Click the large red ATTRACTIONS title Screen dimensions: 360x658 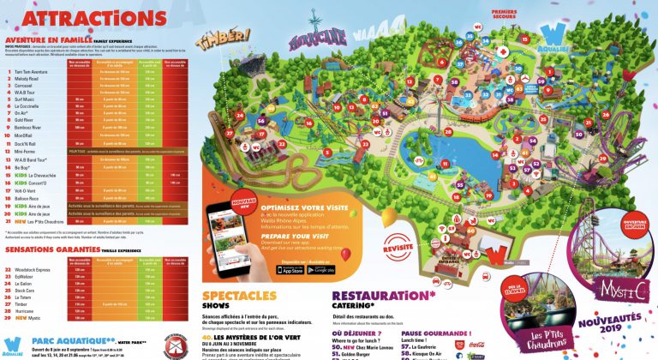[x=72, y=17]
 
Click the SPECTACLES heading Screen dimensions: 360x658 [x=243, y=296]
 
